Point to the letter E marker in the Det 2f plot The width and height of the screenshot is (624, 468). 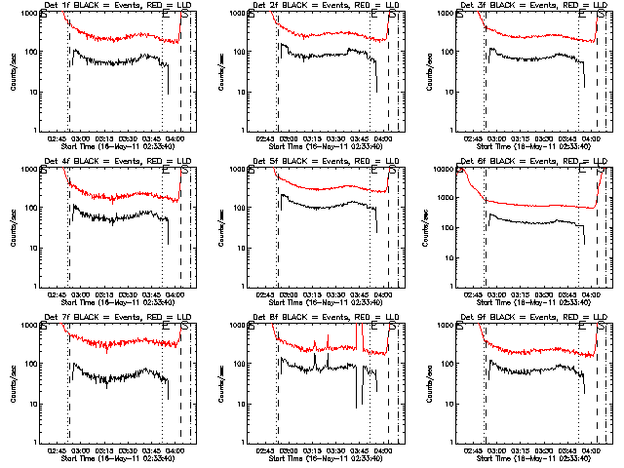(373, 14)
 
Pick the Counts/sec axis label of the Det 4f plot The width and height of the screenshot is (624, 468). (13, 227)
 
